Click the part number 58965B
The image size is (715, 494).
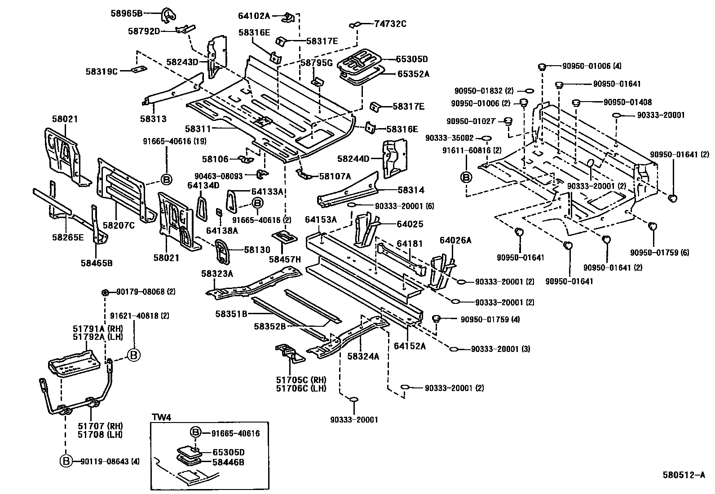126,13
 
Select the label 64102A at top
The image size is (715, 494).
254,16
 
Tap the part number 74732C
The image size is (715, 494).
390,24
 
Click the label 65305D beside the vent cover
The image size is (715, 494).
411,59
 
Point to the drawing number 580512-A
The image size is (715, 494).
684,475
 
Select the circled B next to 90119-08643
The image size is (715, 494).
66,461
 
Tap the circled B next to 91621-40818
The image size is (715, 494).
133,355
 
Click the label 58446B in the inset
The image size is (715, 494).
228,462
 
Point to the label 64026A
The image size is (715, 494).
455,240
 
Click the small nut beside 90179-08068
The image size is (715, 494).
104,292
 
